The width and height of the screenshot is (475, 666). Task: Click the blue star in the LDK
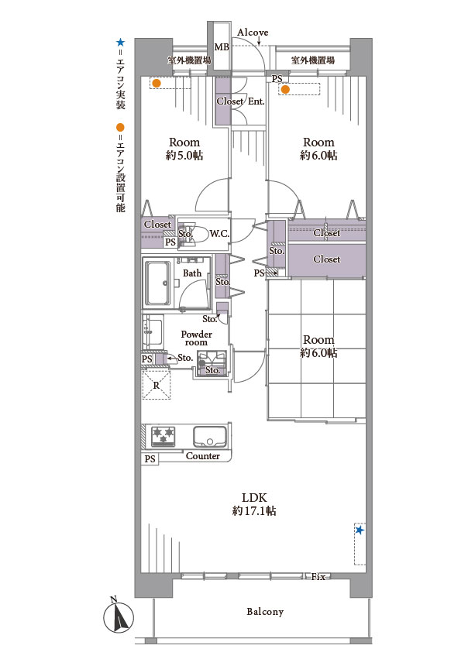[x=360, y=530]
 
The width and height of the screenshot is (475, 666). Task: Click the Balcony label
[x=265, y=612]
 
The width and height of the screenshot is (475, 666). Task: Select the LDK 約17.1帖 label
[x=254, y=504]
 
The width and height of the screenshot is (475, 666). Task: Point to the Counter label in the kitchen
[x=203, y=456]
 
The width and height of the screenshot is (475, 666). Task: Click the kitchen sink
[x=209, y=436]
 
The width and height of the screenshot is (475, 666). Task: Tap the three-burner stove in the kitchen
[x=163, y=436]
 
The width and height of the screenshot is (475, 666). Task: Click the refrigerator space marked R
[x=157, y=385]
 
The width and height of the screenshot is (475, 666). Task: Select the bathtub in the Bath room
[x=157, y=283]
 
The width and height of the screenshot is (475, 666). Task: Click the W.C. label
[x=219, y=234]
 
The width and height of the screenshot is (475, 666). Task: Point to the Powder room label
[x=196, y=338]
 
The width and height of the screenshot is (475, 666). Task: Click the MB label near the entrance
[x=222, y=47]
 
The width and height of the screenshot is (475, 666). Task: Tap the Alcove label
[x=253, y=33]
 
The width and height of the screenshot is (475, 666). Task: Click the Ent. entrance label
[x=256, y=101]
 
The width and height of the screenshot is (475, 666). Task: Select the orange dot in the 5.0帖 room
[x=157, y=84]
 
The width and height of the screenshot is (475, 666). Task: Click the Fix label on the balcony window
[x=318, y=577]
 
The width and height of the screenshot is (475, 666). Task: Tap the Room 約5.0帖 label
[x=184, y=149]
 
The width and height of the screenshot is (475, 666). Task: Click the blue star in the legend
[x=121, y=43]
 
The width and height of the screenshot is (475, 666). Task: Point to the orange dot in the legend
[x=121, y=127]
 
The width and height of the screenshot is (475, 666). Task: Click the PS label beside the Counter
[x=150, y=459]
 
